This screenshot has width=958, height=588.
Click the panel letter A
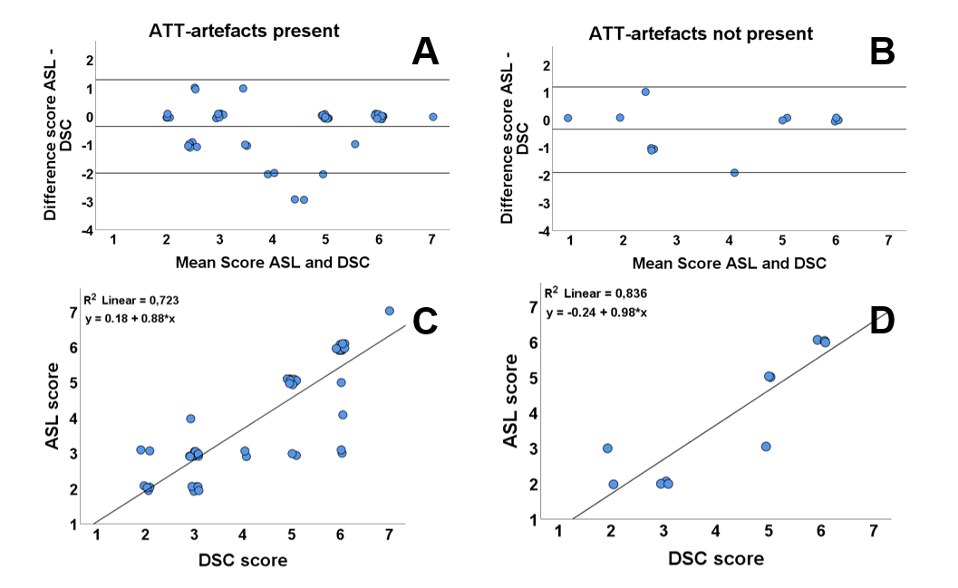click(424, 53)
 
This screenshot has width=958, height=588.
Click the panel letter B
click(881, 53)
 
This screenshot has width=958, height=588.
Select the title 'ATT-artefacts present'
click(244, 31)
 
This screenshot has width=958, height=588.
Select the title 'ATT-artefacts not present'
click(702, 34)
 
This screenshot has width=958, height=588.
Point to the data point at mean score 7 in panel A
click(433, 117)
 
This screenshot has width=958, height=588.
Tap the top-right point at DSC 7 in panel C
click(390, 311)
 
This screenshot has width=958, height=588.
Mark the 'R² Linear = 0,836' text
click(596, 293)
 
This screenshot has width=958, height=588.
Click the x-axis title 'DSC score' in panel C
click(243, 561)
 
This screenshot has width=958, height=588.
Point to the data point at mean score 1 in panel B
click(568, 118)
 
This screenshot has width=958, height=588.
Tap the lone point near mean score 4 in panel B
click(734, 173)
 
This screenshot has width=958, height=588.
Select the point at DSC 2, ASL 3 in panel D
click(607, 448)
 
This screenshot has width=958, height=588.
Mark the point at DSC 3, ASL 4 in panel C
click(191, 419)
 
